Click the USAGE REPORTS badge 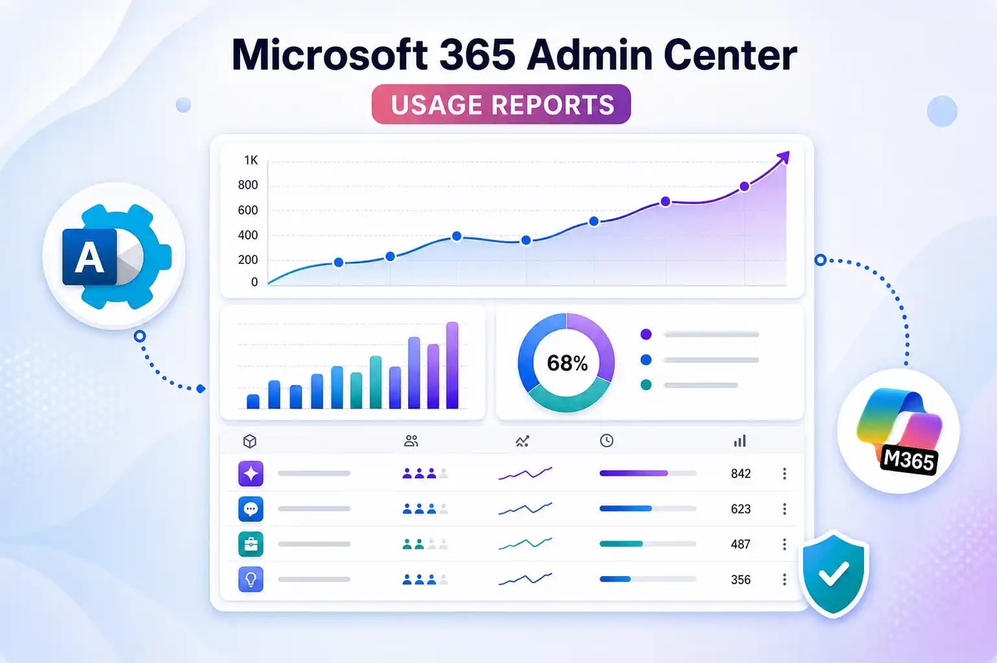click(x=501, y=104)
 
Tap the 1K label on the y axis click(x=251, y=160)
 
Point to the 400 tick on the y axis click(x=248, y=235)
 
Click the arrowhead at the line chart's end click(x=784, y=157)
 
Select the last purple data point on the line click(x=745, y=187)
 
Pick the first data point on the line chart click(x=339, y=262)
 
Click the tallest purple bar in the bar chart click(x=452, y=365)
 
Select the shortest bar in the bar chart click(x=253, y=401)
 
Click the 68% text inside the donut click(x=567, y=363)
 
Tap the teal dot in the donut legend click(x=646, y=384)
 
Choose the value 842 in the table click(x=741, y=474)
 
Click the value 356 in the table click(x=741, y=579)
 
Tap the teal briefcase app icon click(x=250, y=544)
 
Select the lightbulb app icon click(x=250, y=579)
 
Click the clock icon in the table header click(x=607, y=441)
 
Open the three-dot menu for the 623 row click(x=785, y=509)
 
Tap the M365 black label click(x=908, y=459)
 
